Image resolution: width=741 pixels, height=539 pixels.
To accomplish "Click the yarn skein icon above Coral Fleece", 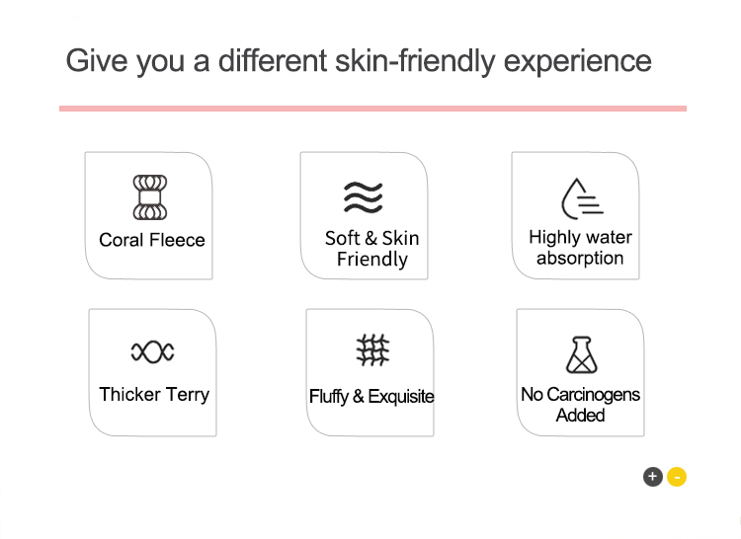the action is point(150,197).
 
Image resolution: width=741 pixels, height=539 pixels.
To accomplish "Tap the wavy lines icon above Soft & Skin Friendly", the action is point(364,197).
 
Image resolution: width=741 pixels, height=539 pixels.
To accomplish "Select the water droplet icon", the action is point(582,198).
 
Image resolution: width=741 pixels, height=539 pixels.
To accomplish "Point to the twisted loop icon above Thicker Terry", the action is point(152,351).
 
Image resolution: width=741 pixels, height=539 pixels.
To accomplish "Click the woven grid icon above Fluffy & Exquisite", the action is point(372,350).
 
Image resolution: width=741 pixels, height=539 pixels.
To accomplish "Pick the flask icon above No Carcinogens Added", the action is point(582,354).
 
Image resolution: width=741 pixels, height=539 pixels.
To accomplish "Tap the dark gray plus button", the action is point(653,477).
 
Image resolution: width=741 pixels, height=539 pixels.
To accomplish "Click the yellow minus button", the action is point(677,477).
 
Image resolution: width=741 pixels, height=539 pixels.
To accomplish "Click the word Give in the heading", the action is point(97,60).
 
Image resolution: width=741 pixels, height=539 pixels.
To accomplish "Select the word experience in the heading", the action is point(578,61).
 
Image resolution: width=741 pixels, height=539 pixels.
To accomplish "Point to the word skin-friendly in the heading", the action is point(415,61).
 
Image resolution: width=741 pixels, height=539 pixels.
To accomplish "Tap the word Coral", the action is point(121,240).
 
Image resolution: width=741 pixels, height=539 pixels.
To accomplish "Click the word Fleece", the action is point(177,240).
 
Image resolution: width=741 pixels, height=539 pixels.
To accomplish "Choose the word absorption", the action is point(580,259).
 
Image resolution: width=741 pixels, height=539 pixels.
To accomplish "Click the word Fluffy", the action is point(329,397).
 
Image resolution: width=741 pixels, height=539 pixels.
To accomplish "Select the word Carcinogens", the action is point(593,395).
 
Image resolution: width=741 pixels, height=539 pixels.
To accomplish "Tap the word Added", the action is point(580,416).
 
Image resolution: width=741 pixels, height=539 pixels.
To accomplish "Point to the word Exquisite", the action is point(401,397).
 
